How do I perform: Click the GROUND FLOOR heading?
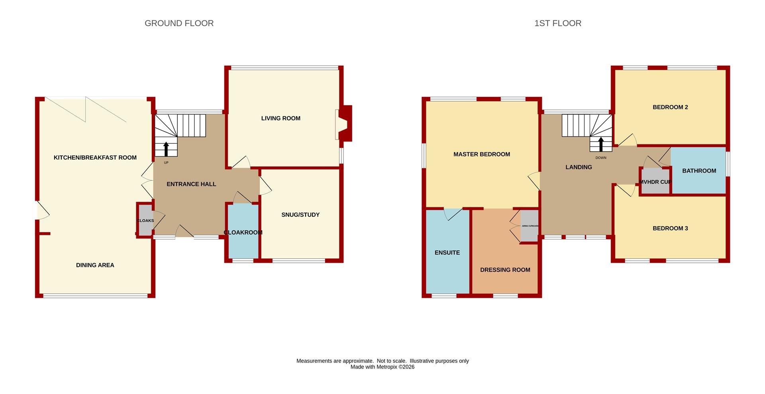[179, 24]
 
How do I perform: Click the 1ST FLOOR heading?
[558, 24]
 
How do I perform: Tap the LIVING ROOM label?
[281, 118]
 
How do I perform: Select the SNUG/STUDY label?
[300, 215]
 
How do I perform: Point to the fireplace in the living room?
[344, 123]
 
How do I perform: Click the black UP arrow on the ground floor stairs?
[166, 149]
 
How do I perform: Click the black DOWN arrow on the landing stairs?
[601, 144]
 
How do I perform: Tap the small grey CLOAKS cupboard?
[145, 221]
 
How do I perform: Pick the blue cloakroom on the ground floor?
[243, 231]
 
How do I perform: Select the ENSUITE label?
[447, 253]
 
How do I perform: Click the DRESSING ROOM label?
[505, 270]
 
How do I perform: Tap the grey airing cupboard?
[530, 226]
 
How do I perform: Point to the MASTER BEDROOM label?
[482, 154]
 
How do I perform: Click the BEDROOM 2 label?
[670, 107]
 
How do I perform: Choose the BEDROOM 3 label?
[670, 229]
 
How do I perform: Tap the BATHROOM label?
[699, 171]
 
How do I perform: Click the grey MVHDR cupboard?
[655, 181]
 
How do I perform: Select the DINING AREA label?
[95, 265]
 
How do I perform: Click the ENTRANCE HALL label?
[191, 184]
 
